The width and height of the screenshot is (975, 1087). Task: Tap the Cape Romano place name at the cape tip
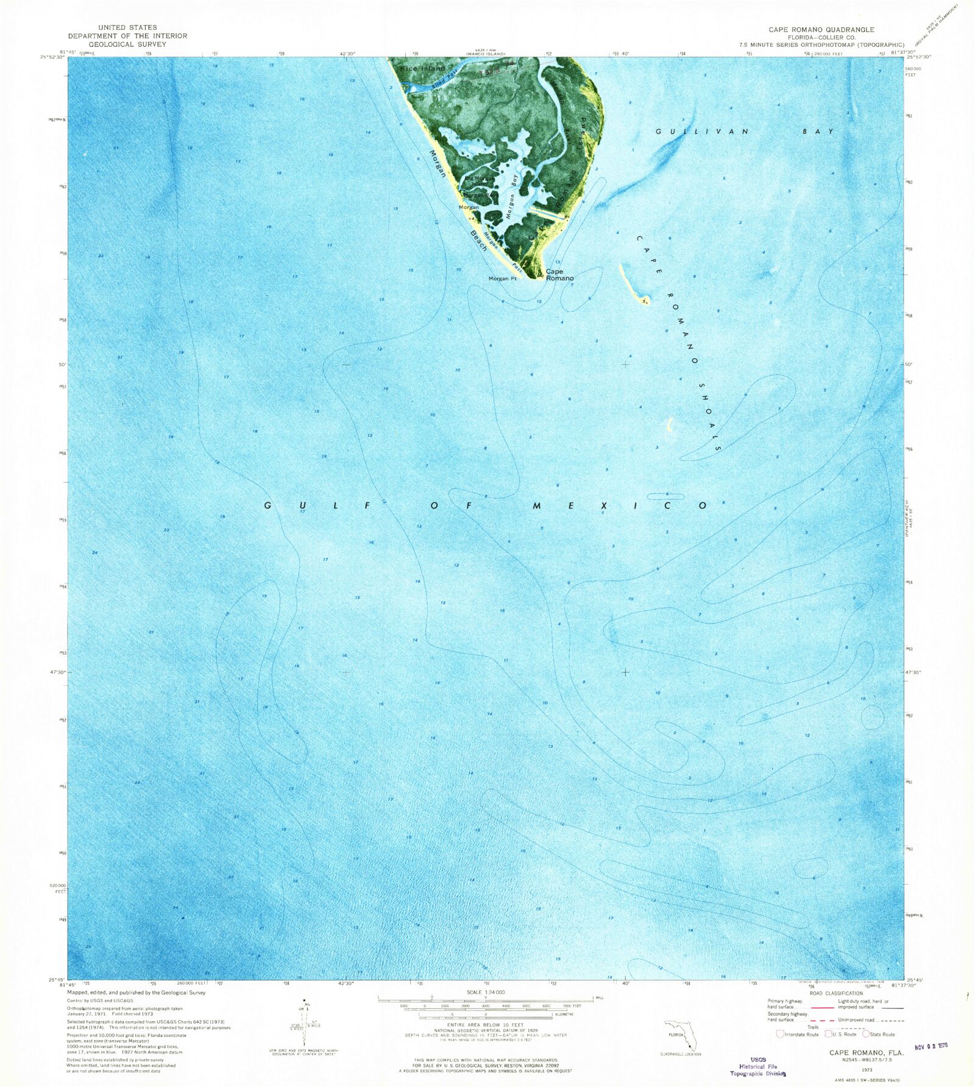coord(559,275)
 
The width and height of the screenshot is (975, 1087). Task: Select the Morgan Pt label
coord(502,279)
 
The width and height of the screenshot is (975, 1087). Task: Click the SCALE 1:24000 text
coord(485,992)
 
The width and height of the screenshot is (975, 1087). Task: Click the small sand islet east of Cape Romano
coord(643,299)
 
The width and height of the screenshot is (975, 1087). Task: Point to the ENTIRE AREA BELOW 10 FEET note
coord(485,1025)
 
